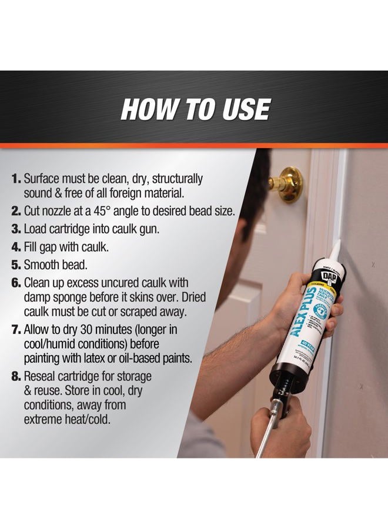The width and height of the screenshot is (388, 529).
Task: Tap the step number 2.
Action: [x=16, y=210]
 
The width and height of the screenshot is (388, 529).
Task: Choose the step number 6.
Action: [x=16, y=283]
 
